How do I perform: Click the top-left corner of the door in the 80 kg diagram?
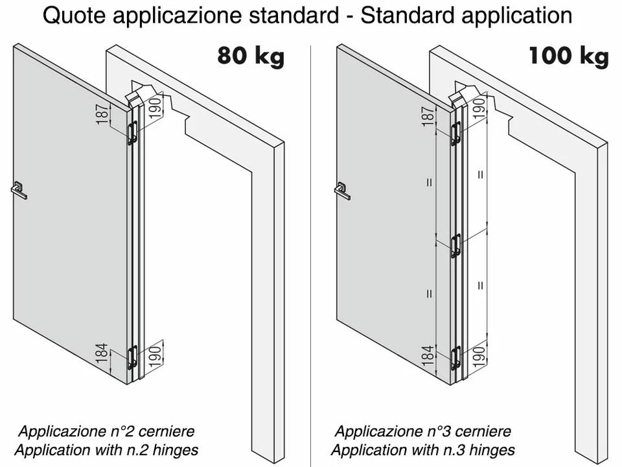point(14,45)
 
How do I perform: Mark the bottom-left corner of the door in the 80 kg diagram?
point(14,318)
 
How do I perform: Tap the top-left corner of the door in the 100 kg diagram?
point(337,45)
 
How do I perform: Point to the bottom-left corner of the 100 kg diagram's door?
point(337,318)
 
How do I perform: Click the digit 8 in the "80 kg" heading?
point(225,55)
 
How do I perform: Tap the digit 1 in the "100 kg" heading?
point(535,55)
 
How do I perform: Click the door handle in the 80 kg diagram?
point(19,190)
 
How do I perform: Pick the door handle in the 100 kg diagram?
point(342,191)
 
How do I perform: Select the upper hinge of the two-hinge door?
point(132,132)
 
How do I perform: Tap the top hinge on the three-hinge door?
point(456,134)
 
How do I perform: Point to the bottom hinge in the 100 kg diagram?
point(456,358)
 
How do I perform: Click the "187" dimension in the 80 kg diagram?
point(102,114)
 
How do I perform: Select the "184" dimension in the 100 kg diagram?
point(427,355)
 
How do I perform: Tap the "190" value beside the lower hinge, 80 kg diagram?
point(155,356)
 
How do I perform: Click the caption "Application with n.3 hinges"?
point(423,450)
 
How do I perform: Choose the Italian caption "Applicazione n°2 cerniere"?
point(106,431)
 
